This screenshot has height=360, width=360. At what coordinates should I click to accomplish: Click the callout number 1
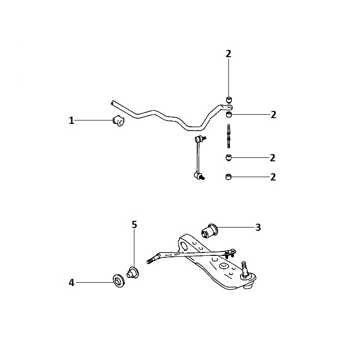tap(72, 120)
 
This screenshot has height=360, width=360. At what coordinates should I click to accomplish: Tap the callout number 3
tap(258, 228)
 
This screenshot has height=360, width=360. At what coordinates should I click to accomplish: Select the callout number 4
tap(72, 283)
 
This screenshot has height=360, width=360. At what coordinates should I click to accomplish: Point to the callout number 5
tap(134, 225)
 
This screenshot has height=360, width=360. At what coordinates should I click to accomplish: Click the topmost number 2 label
tap(228, 54)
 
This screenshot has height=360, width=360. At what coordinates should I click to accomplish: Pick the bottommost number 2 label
tap(273, 177)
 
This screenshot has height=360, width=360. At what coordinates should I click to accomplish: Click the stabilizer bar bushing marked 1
tap(118, 121)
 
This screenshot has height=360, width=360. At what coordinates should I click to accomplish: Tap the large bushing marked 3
tap(209, 231)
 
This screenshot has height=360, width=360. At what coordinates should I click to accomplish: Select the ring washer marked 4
tap(119, 281)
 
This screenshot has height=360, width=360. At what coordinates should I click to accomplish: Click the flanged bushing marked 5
tap(132, 273)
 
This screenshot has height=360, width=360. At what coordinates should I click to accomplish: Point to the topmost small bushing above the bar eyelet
tap(229, 100)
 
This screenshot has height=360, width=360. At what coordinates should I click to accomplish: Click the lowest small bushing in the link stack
tap(228, 177)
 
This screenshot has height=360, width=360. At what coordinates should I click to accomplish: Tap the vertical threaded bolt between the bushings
tap(228, 136)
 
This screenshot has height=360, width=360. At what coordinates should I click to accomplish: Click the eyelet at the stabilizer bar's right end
tap(228, 107)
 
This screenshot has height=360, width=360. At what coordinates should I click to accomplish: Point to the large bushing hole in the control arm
tap(184, 246)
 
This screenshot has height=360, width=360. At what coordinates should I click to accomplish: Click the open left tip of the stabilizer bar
tap(112, 103)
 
